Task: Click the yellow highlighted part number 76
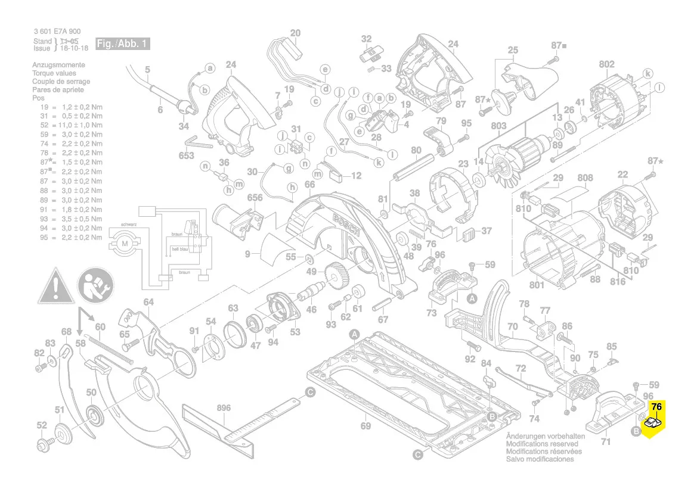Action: click(x=656, y=407)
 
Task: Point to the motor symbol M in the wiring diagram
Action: click(x=125, y=243)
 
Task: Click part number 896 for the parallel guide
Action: click(x=224, y=408)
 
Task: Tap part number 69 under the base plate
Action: click(x=365, y=426)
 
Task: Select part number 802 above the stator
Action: click(x=606, y=64)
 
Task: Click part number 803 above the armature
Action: click(x=498, y=126)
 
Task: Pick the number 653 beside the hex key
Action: click(x=187, y=156)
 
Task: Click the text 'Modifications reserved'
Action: click(x=541, y=444)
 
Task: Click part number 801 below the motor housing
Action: click(x=537, y=285)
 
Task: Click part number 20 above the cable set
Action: click(x=296, y=33)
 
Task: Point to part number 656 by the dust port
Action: click(x=255, y=198)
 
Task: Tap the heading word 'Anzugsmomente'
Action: click(x=58, y=65)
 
